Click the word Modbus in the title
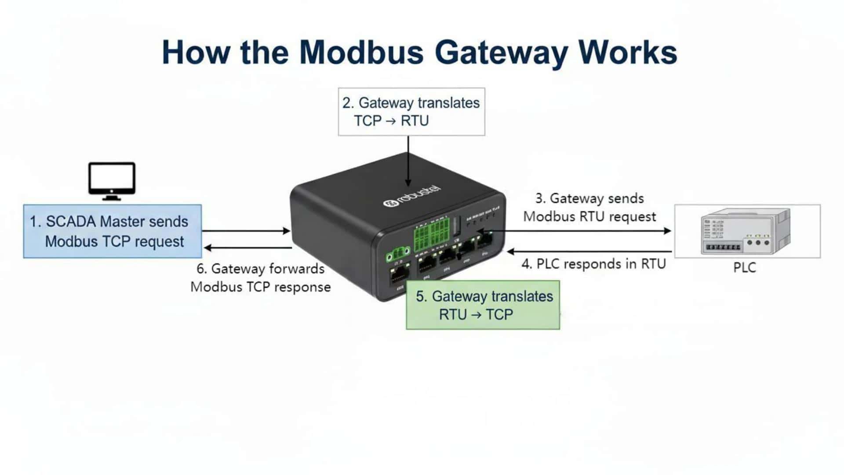(361, 52)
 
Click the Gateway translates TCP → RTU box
(411, 112)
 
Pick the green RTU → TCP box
(483, 305)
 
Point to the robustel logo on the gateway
(412, 196)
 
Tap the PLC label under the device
(744, 267)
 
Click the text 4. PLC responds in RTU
(593, 264)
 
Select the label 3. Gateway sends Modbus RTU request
(589, 208)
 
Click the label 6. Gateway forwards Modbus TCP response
(260, 278)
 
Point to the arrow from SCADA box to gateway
(246, 230)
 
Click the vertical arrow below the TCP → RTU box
(408, 161)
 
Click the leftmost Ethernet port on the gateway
(399, 274)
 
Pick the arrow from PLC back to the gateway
(589, 252)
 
